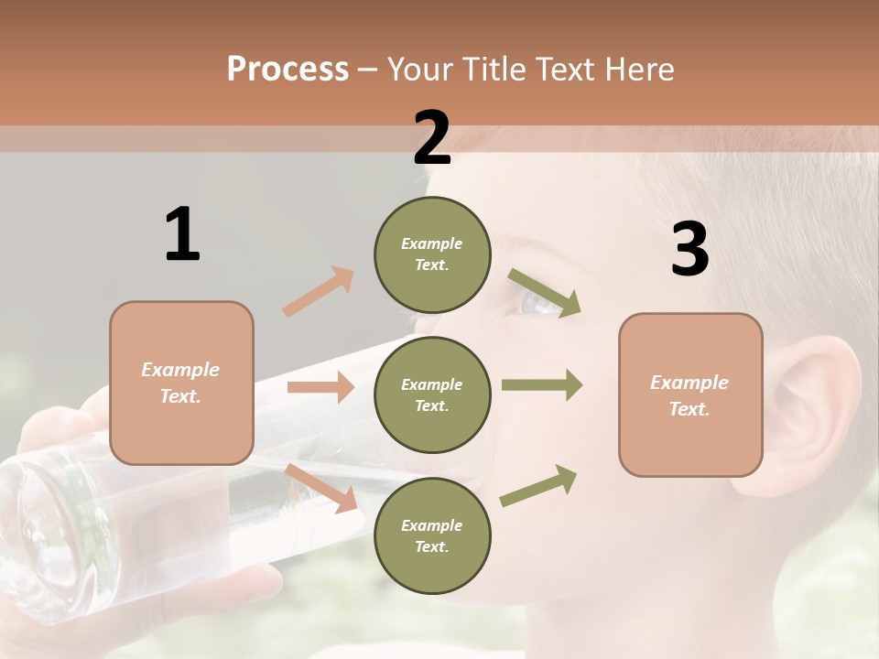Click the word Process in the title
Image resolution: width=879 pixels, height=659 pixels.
click(288, 69)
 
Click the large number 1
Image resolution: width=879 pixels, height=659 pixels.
click(182, 234)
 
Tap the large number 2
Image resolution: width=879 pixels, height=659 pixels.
click(432, 138)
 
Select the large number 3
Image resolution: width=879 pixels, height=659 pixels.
click(689, 250)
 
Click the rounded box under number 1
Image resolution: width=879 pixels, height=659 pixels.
click(181, 383)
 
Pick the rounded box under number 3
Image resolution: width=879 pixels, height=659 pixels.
click(690, 395)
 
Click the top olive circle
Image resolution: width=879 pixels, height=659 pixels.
click(432, 254)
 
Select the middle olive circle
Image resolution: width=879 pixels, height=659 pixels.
click(432, 395)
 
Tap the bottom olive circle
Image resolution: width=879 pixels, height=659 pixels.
click(432, 536)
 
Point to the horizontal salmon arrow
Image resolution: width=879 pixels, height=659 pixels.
click(320, 387)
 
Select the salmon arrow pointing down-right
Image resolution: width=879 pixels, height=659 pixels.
click(321, 488)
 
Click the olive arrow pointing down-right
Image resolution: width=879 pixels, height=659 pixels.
click(545, 292)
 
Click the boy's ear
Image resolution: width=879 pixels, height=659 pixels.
click(819, 403)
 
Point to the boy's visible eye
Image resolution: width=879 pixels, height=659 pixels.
click(540, 302)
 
